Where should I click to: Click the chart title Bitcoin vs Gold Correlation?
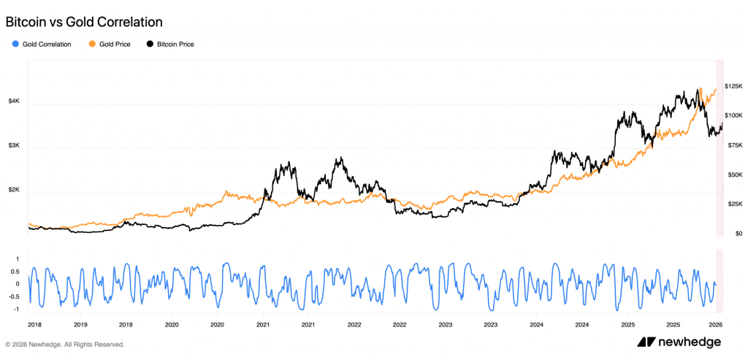[x=84, y=22]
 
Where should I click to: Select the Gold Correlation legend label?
[x=47, y=45]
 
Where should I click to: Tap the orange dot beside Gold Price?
[x=92, y=45]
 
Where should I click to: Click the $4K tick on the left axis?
[x=14, y=102]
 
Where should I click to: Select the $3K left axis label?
[x=14, y=146]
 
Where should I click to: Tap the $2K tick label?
[x=14, y=190]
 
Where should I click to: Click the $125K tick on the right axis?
[x=733, y=86]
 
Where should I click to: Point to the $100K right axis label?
[x=733, y=115]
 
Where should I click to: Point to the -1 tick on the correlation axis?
[x=16, y=309]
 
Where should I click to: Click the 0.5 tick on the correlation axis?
[x=15, y=271]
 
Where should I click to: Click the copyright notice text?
[x=65, y=344]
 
